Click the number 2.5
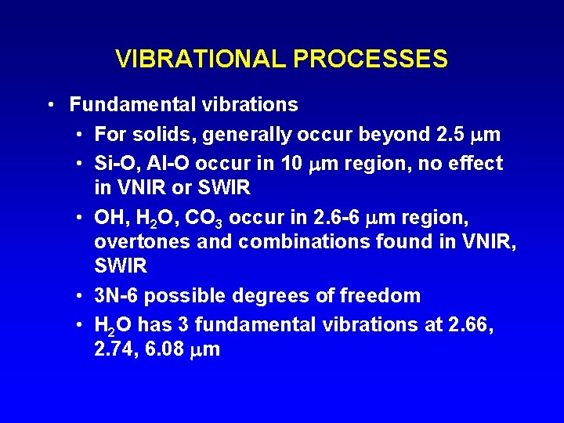[449, 135]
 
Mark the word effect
[475, 164]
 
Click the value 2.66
[470, 324]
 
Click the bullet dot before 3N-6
[81, 296]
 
